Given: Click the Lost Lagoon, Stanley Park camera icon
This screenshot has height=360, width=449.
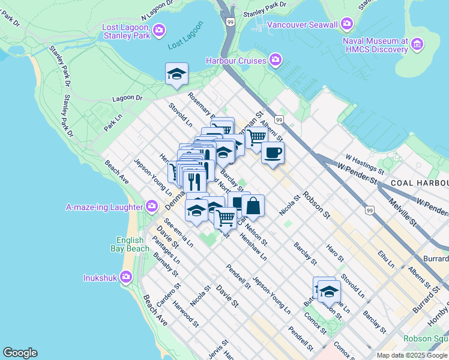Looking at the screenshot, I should pos(159,29).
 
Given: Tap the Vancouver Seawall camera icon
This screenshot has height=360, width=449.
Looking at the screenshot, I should pos(346,25).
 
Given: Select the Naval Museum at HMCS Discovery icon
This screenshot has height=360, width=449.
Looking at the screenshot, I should pos(418,44).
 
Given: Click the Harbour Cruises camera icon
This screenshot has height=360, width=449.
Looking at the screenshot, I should pos(276,60).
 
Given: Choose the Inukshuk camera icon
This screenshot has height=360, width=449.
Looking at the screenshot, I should pos(125,277).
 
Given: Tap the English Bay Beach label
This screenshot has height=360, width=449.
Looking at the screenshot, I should pos(130,244).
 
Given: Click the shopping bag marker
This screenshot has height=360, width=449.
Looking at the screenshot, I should pos(253,206).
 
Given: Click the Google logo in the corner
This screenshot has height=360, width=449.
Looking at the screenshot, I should pos(20,353).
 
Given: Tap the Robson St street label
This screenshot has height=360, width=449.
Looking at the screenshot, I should pos(316,204).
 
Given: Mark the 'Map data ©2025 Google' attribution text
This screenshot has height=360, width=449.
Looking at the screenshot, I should pos(412,355).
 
